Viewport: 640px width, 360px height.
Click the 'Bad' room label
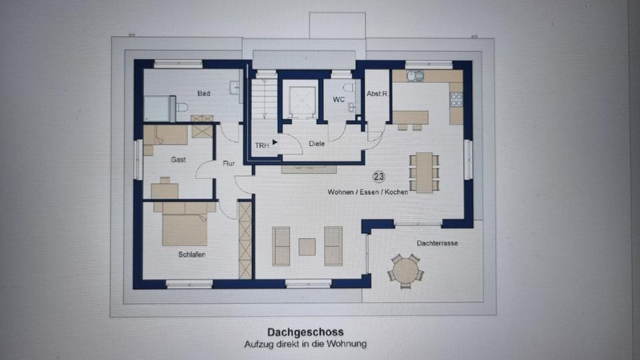point(203,93)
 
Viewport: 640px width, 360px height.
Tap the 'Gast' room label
point(178,160)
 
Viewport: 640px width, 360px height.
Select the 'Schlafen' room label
point(191,255)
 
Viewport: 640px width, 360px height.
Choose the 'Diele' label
point(317,143)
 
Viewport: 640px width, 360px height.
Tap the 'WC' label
point(338,100)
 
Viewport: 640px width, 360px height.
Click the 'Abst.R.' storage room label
point(377,95)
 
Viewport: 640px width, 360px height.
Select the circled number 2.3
point(379,177)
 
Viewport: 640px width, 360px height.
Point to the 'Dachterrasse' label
point(437,243)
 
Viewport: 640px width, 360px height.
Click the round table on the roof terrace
point(405,271)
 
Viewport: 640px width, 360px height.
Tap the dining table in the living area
point(424,173)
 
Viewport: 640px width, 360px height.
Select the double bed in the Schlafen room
point(185,224)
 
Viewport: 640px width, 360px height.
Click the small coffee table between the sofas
point(307,247)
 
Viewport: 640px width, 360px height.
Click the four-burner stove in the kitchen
point(456,99)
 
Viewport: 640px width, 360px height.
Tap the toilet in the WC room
point(349,87)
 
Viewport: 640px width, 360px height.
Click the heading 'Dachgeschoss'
point(306,331)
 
